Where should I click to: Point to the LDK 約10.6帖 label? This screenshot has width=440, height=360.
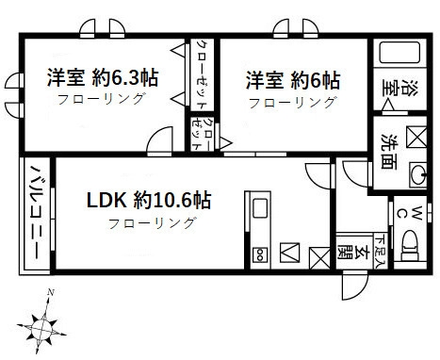(149, 200)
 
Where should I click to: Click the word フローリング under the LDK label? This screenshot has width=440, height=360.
(152, 223)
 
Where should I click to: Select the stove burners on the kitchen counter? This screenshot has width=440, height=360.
(259, 252)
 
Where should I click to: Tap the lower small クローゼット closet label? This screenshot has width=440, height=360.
(202, 133)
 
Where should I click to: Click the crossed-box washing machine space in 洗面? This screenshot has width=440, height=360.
(415, 136)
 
